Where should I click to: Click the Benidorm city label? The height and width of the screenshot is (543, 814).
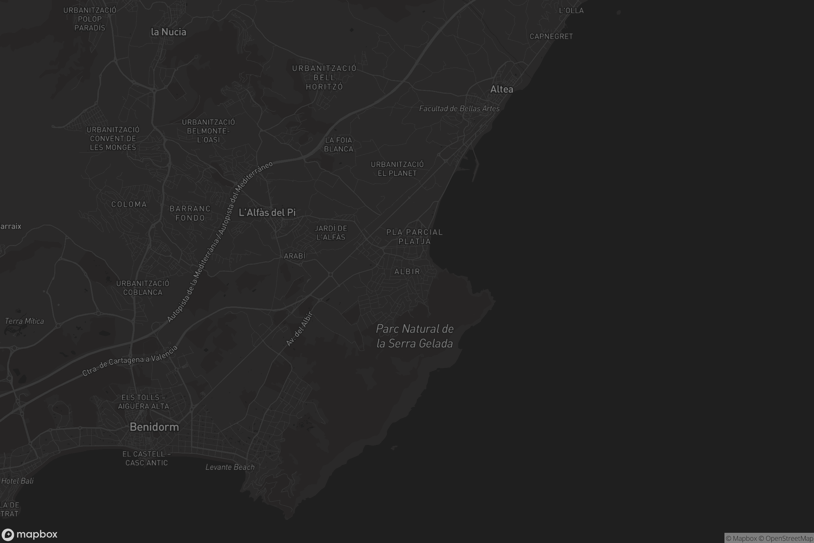(x=154, y=427)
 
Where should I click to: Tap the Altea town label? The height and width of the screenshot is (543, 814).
(x=502, y=89)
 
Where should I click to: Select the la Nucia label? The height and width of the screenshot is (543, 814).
(x=169, y=32)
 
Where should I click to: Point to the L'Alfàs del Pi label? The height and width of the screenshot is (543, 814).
(x=267, y=213)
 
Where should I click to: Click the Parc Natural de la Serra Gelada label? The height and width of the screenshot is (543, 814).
(x=414, y=336)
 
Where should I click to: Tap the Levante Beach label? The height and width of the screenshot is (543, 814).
(x=230, y=467)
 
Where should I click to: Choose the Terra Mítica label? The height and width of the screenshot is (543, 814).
(x=24, y=321)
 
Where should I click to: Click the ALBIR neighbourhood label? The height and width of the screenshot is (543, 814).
(x=407, y=271)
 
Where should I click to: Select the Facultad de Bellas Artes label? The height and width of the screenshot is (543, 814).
(x=459, y=109)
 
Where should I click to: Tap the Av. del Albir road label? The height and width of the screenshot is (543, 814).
(x=300, y=329)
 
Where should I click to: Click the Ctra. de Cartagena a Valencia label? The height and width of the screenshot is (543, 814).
(x=130, y=361)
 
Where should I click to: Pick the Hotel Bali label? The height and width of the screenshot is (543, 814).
(x=17, y=481)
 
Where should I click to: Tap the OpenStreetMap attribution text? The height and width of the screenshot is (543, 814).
(x=789, y=538)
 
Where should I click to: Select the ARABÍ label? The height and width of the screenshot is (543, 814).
(x=295, y=256)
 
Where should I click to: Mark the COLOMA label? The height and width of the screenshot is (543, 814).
(x=129, y=204)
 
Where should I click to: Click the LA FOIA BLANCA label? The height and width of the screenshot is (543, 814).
(x=338, y=145)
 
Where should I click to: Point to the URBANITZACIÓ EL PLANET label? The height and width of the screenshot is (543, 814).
(x=397, y=169)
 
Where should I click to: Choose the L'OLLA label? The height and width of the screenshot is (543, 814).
(x=571, y=11)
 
